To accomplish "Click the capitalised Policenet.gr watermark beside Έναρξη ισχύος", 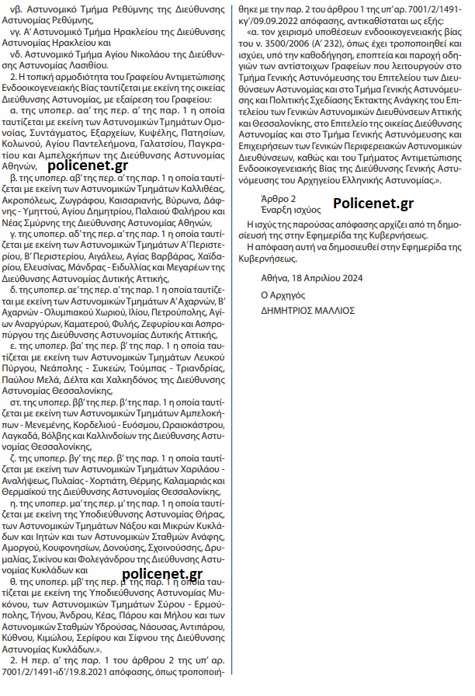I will click(373, 204).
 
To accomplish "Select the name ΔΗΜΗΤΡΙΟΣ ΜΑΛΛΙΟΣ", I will click(308, 308).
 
